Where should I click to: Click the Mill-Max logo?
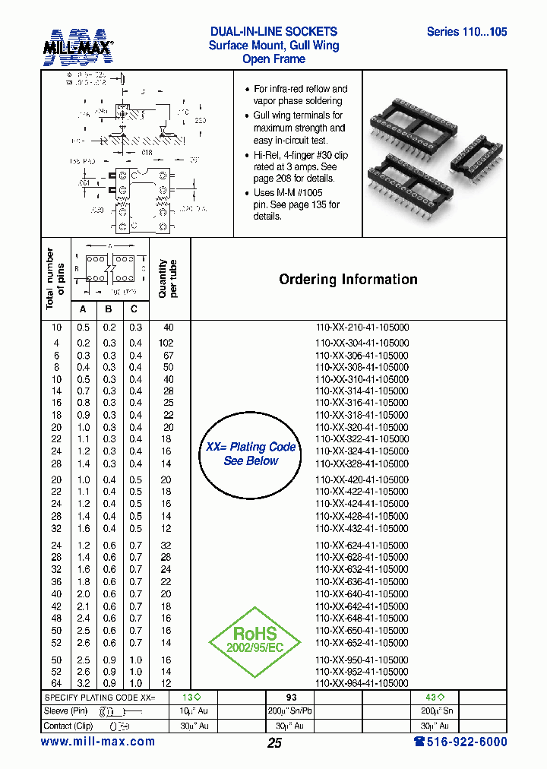[77, 46]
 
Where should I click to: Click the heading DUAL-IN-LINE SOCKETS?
[273, 32]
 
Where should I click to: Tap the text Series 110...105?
[466, 32]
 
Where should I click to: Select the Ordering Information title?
[348, 280]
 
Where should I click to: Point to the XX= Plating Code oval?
[251, 454]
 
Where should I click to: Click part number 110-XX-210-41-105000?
[362, 328]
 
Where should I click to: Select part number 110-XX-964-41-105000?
[362, 684]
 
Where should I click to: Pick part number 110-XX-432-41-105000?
[362, 528]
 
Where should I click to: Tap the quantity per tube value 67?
[168, 355]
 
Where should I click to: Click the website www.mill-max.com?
[97, 742]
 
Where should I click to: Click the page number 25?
[274, 742]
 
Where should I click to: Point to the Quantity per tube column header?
[168, 279]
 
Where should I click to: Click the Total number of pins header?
[55, 279]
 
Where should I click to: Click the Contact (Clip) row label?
[68, 726]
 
